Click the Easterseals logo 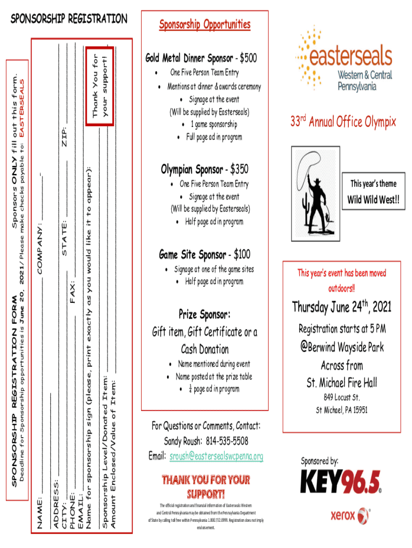344,60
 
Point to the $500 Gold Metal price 248,57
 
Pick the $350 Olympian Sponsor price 239,170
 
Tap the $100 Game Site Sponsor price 241,254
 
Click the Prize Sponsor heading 204,313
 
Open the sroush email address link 216,456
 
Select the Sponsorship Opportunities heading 204,24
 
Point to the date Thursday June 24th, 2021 341,307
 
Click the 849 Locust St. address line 341,398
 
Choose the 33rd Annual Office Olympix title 343,122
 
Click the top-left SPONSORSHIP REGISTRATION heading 69,19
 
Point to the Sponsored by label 319,461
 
